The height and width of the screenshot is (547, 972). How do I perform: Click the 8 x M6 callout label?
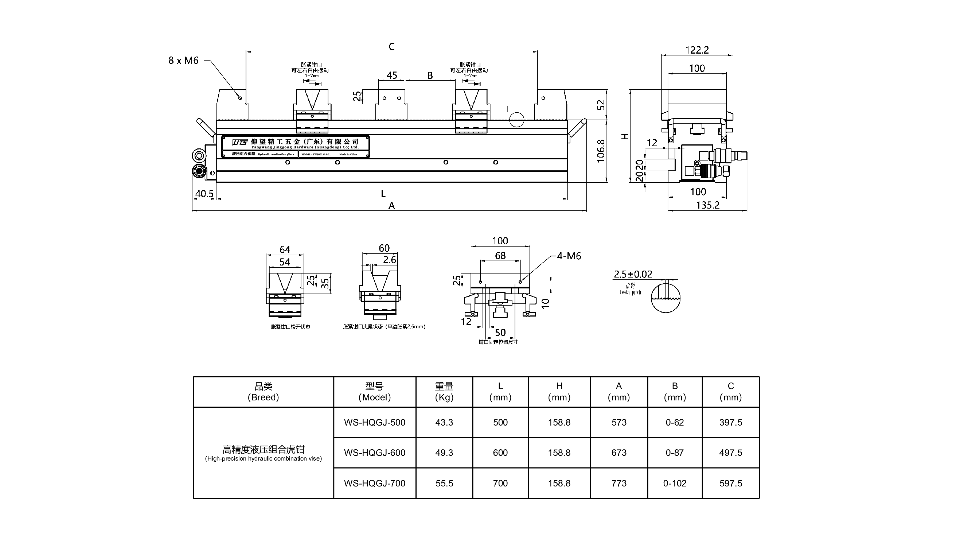click(183, 61)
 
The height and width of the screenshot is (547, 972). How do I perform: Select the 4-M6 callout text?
click(569, 256)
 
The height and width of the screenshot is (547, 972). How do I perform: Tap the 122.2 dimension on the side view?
click(696, 50)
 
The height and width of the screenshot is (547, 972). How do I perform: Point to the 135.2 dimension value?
click(707, 205)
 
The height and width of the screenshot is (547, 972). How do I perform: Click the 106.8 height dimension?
click(601, 151)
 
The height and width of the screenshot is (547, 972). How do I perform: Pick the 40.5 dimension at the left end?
click(204, 194)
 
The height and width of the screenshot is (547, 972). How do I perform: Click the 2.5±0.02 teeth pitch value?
click(633, 274)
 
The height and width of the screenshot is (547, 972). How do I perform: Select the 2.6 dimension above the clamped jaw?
click(389, 260)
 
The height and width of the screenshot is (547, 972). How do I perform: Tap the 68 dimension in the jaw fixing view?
click(500, 256)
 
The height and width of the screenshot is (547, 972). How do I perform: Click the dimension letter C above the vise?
click(391, 46)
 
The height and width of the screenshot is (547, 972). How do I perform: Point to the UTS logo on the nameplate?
click(240, 143)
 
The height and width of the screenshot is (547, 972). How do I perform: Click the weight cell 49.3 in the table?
click(444, 452)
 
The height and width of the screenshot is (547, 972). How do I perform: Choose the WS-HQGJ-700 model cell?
click(374, 483)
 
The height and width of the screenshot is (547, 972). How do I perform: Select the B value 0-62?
click(674, 422)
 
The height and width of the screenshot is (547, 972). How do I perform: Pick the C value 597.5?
click(730, 483)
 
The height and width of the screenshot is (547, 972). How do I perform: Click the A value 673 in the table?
click(618, 452)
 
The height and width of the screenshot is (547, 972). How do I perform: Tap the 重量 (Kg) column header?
click(444, 391)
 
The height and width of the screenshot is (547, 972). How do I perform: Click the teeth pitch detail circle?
click(665, 298)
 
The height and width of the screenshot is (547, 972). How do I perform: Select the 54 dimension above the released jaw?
click(285, 262)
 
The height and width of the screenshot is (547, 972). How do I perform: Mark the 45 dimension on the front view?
click(392, 75)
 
